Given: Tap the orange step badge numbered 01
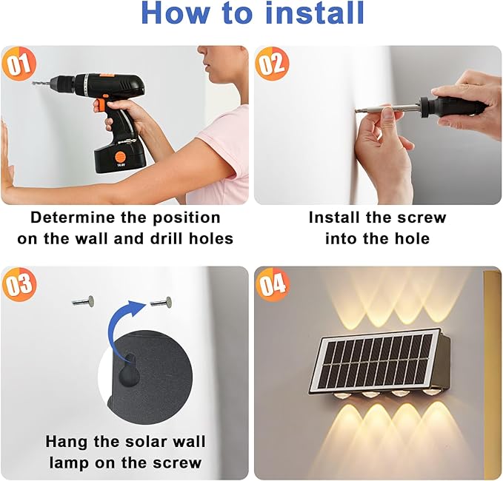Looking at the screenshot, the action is click(x=19, y=64).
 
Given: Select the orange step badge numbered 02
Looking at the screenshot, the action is click(x=272, y=64).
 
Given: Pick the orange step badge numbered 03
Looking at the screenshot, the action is click(x=19, y=285).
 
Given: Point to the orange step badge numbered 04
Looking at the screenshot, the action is click(x=272, y=285).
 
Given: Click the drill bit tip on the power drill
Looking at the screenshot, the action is click(x=33, y=83).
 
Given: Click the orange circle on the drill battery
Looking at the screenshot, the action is click(x=121, y=157).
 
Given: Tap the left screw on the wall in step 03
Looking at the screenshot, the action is click(x=83, y=301).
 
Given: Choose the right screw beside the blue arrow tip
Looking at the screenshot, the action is click(x=161, y=302).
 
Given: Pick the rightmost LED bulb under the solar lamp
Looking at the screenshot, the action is click(x=430, y=391).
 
